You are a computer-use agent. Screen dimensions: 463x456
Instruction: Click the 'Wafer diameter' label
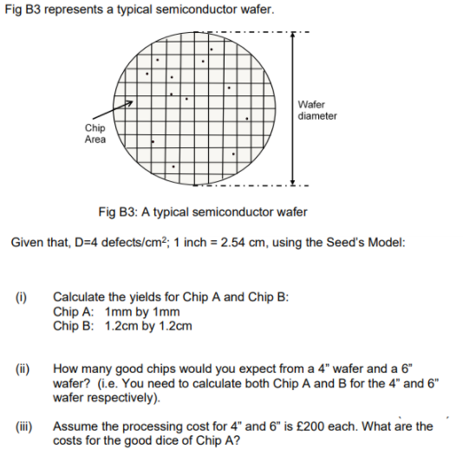pos(316,110)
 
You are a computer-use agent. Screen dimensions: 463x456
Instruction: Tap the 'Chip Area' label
pos(95,134)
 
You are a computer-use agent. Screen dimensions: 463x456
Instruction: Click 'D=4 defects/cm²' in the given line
pos(108,242)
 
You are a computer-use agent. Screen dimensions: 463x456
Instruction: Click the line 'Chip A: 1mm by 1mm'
pos(116,311)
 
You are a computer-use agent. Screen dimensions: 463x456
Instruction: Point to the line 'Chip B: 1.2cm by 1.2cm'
pos(122,326)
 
